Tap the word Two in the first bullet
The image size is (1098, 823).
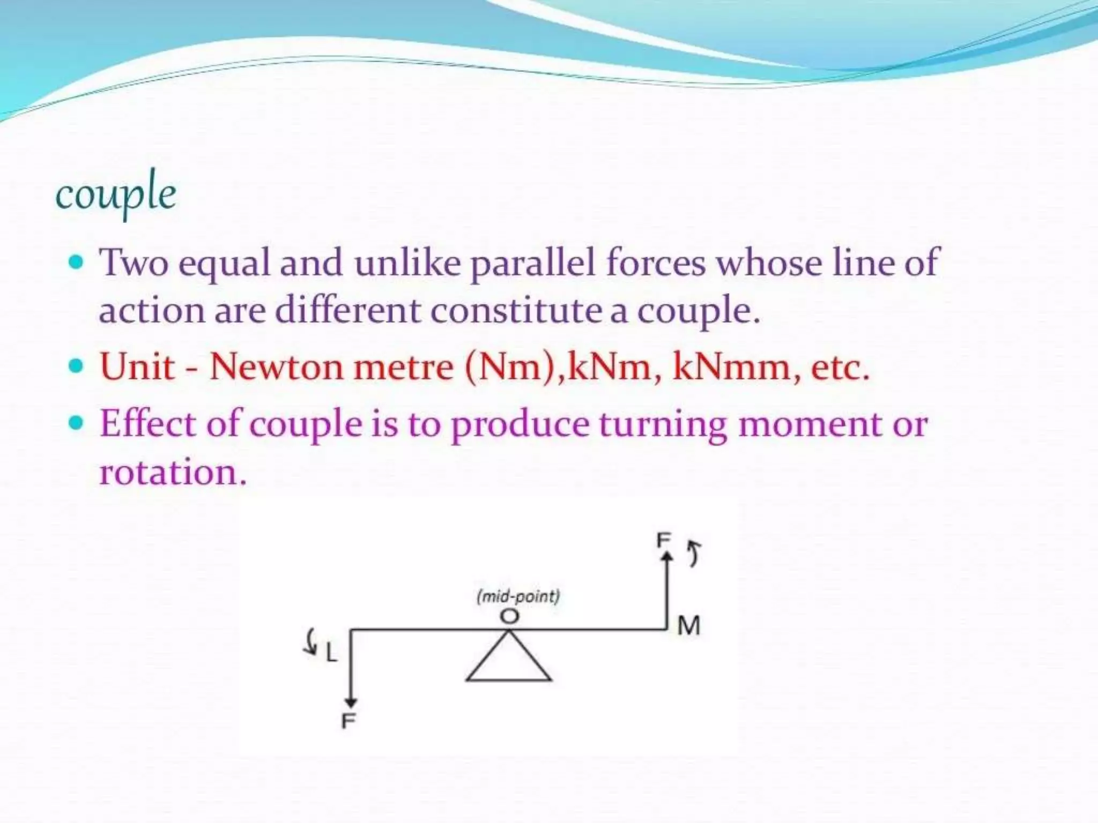click(134, 263)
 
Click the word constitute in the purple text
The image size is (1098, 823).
click(516, 311)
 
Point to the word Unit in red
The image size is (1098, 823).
click(137, 367)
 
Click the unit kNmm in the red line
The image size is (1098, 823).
click(731, 367)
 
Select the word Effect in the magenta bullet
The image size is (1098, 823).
click(147, 424)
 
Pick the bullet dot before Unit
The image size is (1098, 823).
click(77, 366)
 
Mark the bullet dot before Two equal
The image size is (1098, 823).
click(77, 263)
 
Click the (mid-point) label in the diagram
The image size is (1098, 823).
click(518, 596)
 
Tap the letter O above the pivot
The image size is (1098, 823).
click(509, 616)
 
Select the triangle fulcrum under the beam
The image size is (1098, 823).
click(509, 662)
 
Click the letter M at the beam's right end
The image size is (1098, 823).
click(688, 625)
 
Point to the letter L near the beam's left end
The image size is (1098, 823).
click(331, 653)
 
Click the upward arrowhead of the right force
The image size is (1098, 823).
click(666, 557)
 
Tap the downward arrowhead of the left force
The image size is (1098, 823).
click(351, 702)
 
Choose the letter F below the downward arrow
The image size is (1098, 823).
click(348, 721)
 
